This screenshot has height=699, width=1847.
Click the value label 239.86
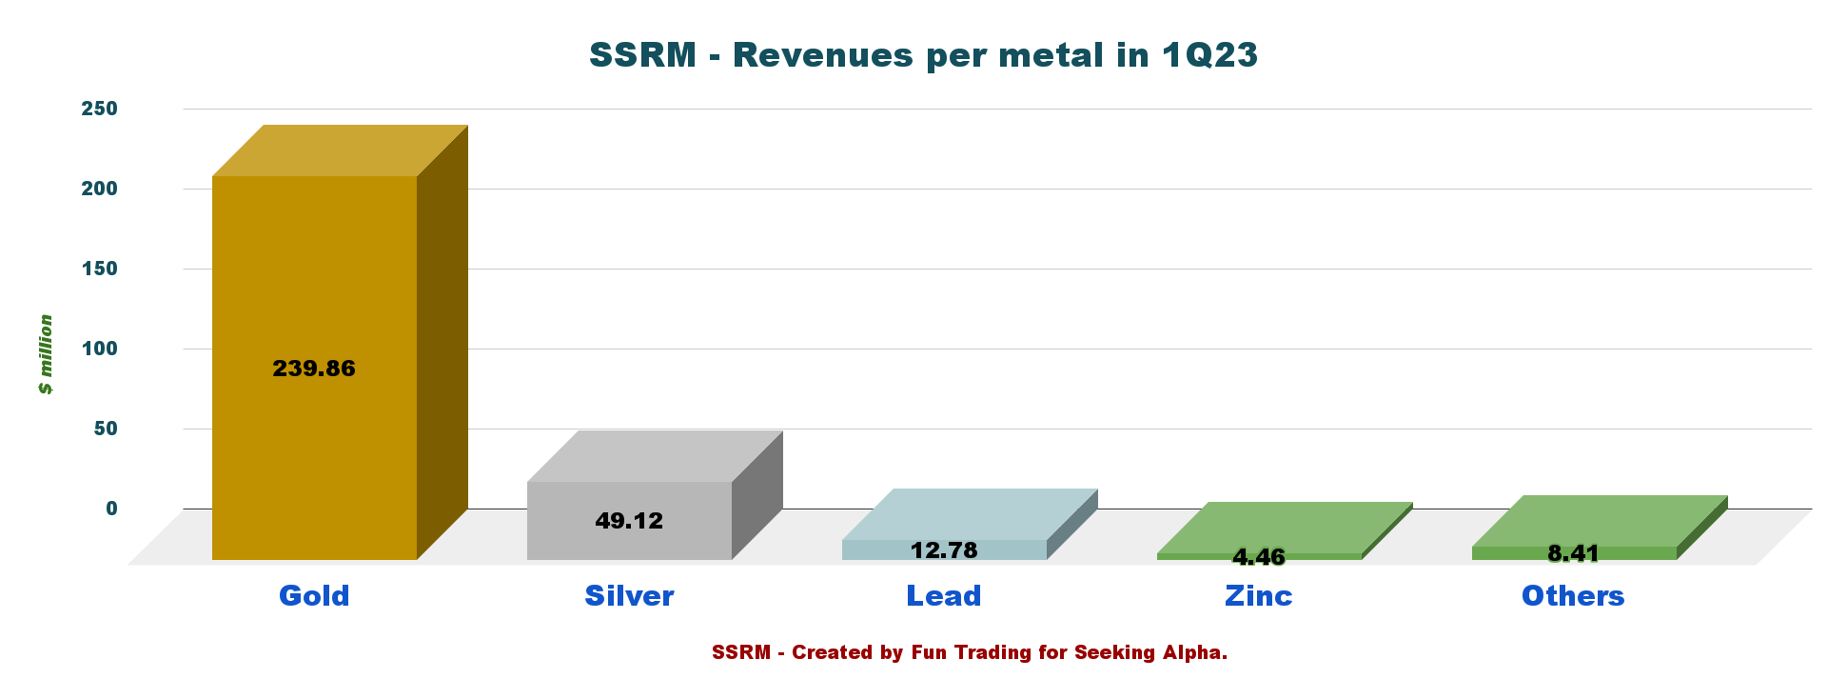314,369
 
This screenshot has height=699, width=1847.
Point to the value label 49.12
629,521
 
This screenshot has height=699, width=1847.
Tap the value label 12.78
944,550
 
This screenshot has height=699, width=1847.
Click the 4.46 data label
1259,557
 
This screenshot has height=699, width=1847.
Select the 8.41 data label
1574,553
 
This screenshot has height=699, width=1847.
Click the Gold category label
314,596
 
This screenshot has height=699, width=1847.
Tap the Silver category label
629,596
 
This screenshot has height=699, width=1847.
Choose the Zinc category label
1259,596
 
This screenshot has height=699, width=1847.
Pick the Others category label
1573,596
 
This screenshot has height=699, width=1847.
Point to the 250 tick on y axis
100,109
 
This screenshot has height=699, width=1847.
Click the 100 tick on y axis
100,349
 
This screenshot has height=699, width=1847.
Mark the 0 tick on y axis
112,509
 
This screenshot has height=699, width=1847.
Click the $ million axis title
46,354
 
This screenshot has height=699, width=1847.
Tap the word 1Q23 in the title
1209,55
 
